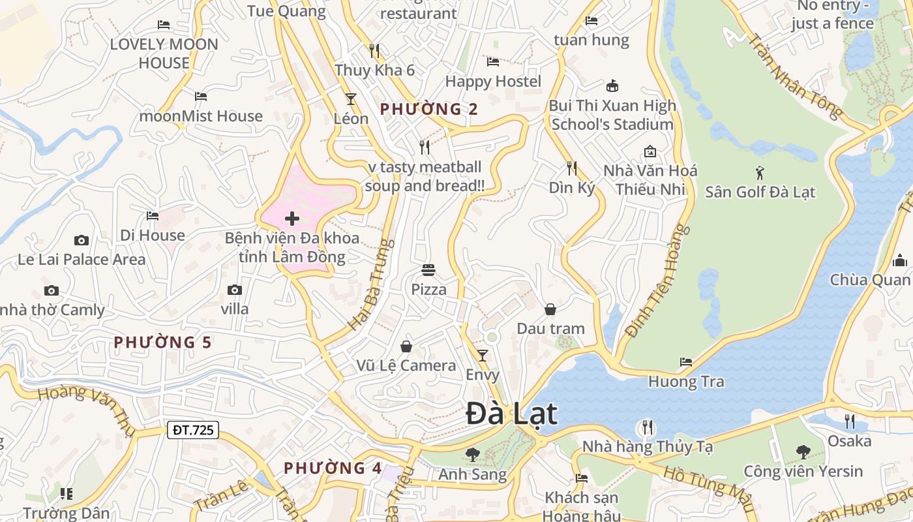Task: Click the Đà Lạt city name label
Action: [x=513, y=414]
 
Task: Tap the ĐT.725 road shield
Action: [x=192, y=430]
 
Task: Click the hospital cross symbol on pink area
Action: [x=292, y=219]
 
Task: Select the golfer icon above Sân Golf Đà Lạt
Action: [x=760, y=173]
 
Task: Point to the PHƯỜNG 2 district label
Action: [x=429, y=110]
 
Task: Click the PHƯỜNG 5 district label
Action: [x=163, y=343]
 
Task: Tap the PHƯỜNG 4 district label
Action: [x=333, y=468]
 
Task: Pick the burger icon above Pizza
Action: [x=428, y=270]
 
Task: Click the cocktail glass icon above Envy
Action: [x=483, y=356]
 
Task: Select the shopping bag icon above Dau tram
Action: [x=550, y=309]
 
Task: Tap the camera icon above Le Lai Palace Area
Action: [x=82, y=241]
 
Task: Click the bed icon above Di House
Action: [x=153, y=216]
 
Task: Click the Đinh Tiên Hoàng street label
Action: [x=657, y=281]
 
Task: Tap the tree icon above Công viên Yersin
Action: [x=803, y=452]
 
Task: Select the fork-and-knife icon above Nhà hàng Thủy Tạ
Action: [x=647, y=427]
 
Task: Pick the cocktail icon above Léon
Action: [x=351, y=99]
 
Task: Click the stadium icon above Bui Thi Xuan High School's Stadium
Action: [x=612, y=85]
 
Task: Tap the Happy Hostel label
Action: [x=493, y=82]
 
